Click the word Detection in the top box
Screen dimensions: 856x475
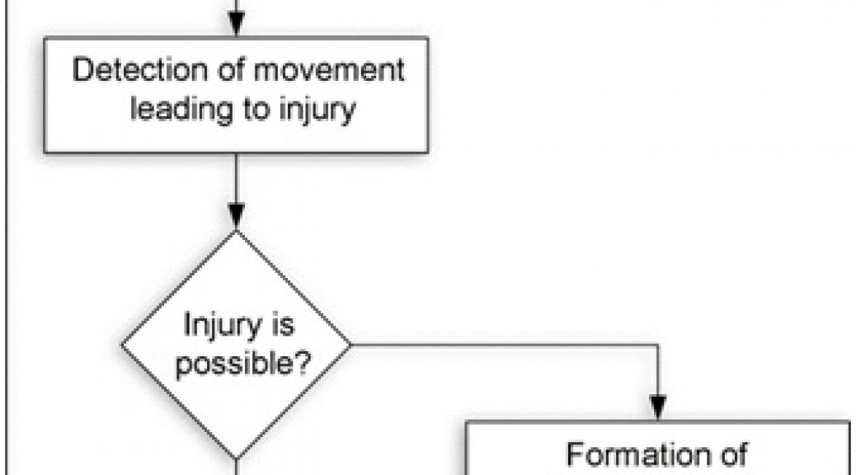(140, 69)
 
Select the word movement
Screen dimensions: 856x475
(330, 70)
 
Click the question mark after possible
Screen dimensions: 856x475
(301, 360)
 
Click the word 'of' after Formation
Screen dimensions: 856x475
(732, 454)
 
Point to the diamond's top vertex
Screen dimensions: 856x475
(236, 232)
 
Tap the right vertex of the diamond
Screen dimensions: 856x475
(350, 345)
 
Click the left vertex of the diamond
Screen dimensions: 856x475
(122, 345)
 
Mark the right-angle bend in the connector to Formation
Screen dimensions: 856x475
(658, 345)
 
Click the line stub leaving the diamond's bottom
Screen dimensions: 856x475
(236, 468)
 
